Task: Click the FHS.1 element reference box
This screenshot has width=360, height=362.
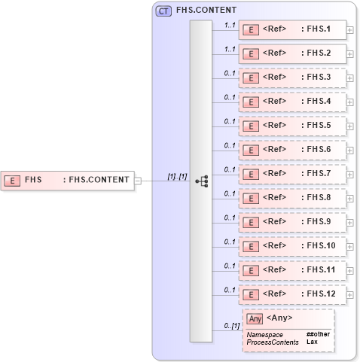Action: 292,30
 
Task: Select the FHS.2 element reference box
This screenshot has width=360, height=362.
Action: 292,54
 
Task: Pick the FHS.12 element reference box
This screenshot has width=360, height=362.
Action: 292,294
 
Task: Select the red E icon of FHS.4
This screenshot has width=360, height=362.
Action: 253,102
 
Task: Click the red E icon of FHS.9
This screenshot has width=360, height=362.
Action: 253,222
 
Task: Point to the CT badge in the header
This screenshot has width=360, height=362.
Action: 163,11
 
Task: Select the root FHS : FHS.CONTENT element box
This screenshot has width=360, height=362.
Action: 68,180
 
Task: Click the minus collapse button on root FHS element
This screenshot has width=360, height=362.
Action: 138,180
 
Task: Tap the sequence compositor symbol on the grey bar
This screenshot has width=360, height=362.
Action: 201,181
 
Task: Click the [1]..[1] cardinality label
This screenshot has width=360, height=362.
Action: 177,176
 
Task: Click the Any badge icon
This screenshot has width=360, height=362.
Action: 255,318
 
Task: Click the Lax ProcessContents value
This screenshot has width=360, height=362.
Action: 312,342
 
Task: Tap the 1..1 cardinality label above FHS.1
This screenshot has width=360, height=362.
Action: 230,25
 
